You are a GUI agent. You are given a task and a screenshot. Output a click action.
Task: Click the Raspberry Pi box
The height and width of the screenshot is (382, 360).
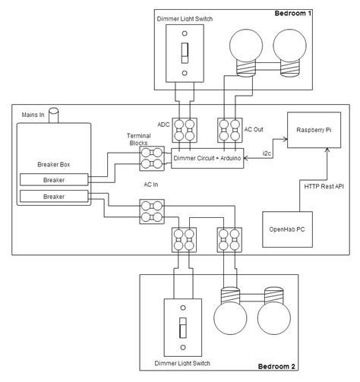coord(313,130)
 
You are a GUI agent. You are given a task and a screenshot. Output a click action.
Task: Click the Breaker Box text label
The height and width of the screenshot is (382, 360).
coord(52,165)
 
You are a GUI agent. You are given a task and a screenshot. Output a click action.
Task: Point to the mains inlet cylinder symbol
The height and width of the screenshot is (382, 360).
coord(53,115)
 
